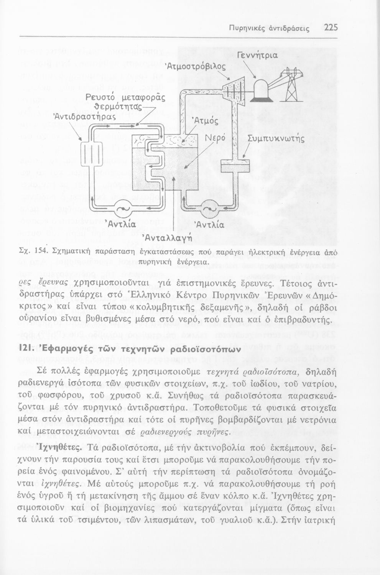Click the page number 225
pyautogui.click(x=331, y=28)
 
